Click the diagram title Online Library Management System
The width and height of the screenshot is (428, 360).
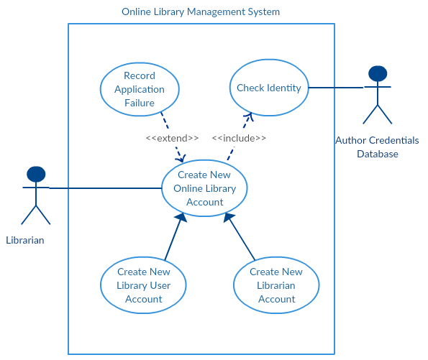coord(201,12)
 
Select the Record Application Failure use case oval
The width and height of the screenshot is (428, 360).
coord(140,89)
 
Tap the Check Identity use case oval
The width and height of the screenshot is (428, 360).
coord(269,88)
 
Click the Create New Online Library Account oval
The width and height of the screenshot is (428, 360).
coord(204,188)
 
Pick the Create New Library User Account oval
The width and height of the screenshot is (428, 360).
coord(144,285)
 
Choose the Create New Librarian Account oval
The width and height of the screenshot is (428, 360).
coord(276,285)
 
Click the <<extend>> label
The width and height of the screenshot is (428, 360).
coord(172,138)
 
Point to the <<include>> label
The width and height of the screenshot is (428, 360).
coord(239,138)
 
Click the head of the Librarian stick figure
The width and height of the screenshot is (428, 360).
coord(36,174)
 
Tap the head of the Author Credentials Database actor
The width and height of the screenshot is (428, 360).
coord(378,73)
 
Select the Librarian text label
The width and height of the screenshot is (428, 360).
coord(25,240)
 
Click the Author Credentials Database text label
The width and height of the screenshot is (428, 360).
coord(377,147)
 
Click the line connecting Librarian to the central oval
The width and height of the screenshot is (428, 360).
coord(108,189)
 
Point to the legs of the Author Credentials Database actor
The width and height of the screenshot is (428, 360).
coord(378,114)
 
